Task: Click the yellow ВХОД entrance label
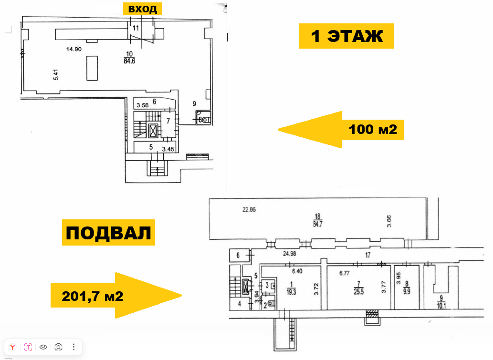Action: point(142,9)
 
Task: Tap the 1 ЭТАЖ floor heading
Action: point(346,36)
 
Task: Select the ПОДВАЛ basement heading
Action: point(108,233)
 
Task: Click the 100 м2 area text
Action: point(373,129)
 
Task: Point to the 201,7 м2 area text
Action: point(93,296)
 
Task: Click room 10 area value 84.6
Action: point(129,61)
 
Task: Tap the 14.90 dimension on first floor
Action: point(74,49)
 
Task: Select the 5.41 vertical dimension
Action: point(56,75)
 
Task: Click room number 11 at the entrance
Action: point(136,28)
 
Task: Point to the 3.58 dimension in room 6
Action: point(142,105)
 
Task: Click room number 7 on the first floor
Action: point(168,121)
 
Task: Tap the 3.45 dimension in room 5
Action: point(168,149)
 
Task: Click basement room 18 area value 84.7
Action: point(317,224)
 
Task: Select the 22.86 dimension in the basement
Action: point(249,209)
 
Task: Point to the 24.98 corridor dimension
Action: point(289,254)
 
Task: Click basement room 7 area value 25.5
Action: point(359,292)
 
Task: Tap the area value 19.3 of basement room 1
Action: point(291,292)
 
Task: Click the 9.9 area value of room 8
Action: point(407,291)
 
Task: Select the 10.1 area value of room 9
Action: point(441,305)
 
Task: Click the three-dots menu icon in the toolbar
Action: point(73,347)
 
